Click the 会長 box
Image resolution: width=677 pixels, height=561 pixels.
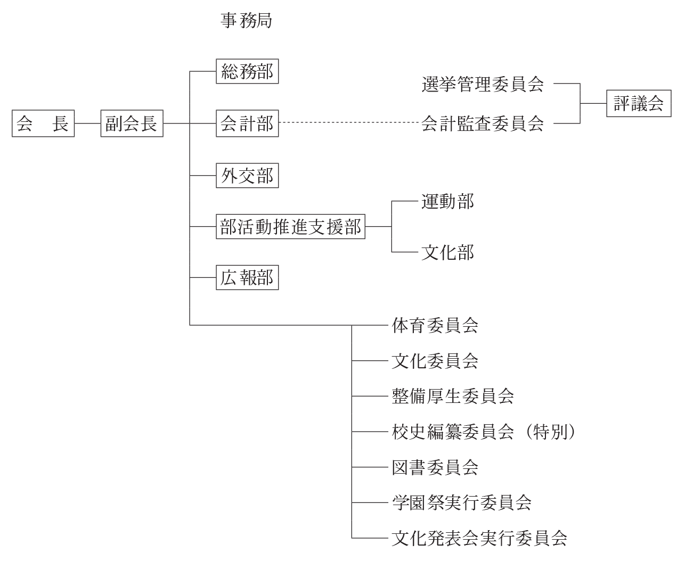[x=43, y=124]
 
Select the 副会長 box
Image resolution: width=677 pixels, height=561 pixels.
[x=132, y=124]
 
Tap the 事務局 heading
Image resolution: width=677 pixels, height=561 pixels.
[x=247, y=21]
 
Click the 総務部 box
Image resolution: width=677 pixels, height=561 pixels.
[x=247, y=72]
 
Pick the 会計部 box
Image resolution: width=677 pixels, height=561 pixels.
[x=247, y=124]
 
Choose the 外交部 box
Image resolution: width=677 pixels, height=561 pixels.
[x=247, y=176]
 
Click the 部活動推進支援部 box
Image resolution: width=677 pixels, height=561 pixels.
[x=290, y=227]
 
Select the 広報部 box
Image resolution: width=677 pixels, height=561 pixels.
[x=247, y=278]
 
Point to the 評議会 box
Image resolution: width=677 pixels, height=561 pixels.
[x=639, y=104]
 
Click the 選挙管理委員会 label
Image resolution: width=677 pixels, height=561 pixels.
[x=483, y=85]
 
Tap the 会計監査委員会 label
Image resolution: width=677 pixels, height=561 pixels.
[x=483, y=124]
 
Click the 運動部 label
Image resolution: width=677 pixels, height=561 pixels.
[x=447, y=202]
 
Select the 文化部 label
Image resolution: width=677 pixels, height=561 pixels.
[x=447, y=252]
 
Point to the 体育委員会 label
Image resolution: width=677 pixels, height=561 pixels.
[x=435, y=325]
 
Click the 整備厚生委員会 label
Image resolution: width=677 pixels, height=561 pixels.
[x=452, y=396]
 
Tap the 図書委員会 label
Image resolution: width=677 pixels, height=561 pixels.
[x=435, y=467]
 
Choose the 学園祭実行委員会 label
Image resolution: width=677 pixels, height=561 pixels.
[x=461, y=502]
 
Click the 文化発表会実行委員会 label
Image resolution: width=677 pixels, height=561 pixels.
[x=479, y=538]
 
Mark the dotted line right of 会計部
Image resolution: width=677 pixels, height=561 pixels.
[x=349, y=123]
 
